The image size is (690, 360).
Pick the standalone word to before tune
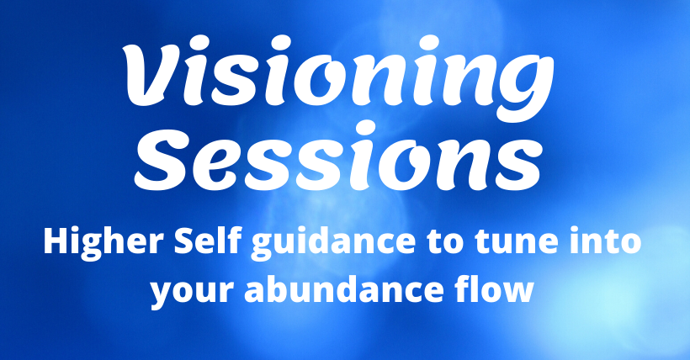coord(444,242)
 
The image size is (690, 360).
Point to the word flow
coord(493,289)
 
